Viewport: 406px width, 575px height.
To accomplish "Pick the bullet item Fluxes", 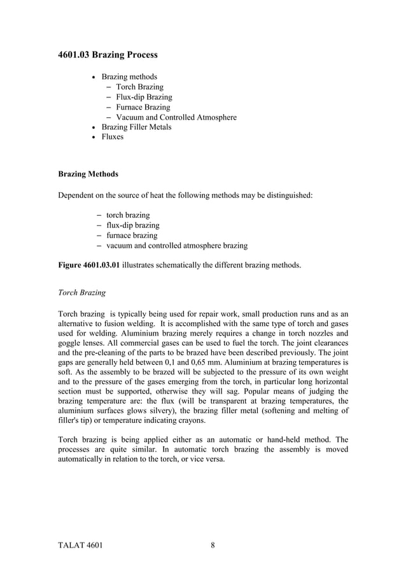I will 113,137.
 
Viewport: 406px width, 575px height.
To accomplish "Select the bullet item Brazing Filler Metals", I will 136,127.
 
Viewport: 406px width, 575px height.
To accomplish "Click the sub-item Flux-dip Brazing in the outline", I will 144,97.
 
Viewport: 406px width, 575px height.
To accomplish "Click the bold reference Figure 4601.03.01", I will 88,263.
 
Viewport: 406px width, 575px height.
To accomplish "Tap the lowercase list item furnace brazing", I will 131,235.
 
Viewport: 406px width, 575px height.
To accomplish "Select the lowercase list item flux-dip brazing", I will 132,225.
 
